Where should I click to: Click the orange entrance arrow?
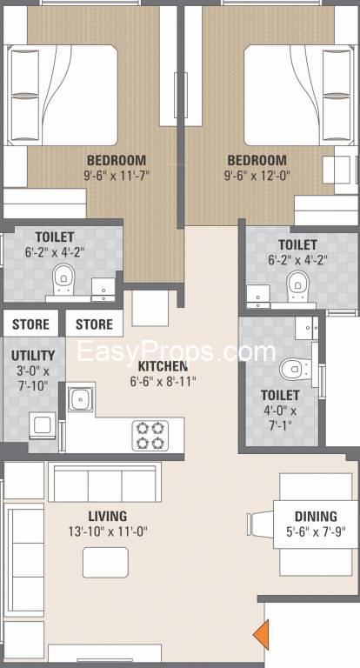coord(260,634)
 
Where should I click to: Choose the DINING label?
coord(316,516)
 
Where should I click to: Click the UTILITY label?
coord(33,355)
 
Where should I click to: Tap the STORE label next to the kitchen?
coord(94,324)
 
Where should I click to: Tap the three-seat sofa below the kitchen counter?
coord(104,482)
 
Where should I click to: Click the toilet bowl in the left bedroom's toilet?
coord(63,280)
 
